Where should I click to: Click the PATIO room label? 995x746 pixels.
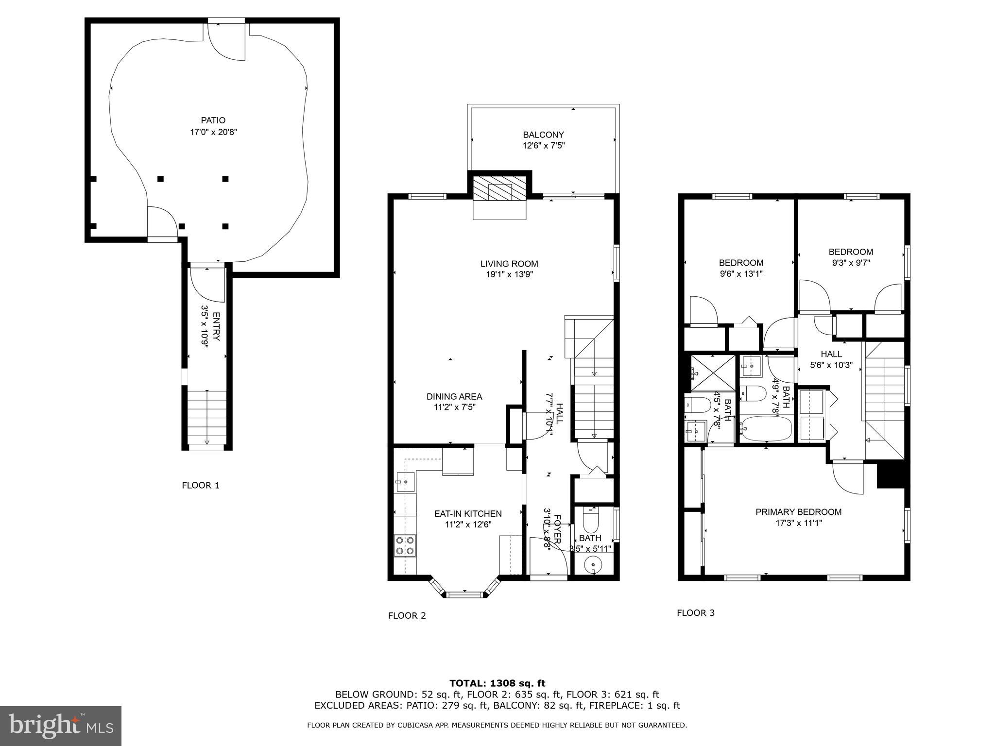(213, 120)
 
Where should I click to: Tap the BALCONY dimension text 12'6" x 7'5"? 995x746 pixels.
(543, 145)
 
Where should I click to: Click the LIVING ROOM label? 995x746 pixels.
(509, 264)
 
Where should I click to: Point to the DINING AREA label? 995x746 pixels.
(454, 396)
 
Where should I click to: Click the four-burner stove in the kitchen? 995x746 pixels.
(405, 544)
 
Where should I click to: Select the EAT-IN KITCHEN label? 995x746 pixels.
(467, 513)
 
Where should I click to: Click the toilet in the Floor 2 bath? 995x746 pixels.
(591, 522)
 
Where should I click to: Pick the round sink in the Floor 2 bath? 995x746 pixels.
(593, 565)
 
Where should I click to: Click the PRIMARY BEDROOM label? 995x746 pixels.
(798, 511)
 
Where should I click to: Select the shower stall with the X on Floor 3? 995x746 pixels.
(713, 373)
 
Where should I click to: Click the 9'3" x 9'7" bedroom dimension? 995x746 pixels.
(851, 263)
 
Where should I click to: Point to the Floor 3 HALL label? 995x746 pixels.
(831, 354)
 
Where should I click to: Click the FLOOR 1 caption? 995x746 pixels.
(201, 485)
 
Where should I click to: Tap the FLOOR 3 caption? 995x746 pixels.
(695, 612)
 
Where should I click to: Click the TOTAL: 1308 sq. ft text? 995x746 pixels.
(497, 683)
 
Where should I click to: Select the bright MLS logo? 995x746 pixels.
(61, 726)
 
